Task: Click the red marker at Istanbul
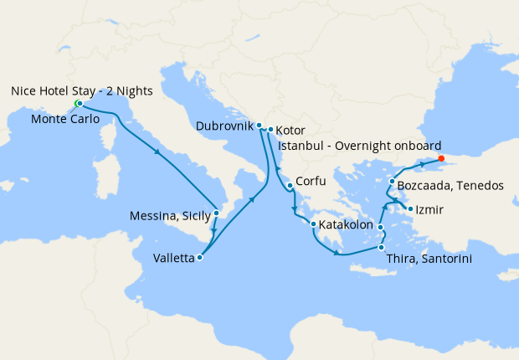[x=441, y=157]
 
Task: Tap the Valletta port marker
[x=199, y=258]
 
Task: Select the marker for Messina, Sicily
[x=216, y=213]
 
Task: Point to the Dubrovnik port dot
[x=259, y=126]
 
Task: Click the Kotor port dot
[x=270, y=130]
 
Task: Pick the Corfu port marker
[x=289, y=185]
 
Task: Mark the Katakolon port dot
[x=313, y=224]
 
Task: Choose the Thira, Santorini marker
[x=381, y=247]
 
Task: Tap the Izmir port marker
[x=409, y=208]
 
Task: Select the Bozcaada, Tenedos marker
[x=392, y=181]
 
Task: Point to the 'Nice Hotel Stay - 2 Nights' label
[x=81, y=90]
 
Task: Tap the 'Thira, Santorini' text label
[x=429, y=260]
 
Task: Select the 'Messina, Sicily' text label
[x=169, y=216]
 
